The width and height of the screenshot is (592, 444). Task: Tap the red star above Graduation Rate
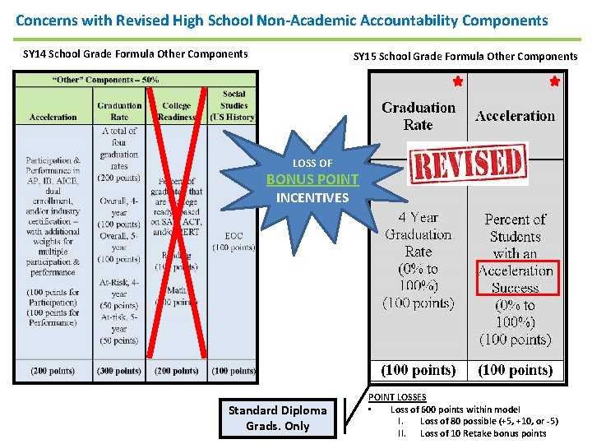click(458, 82)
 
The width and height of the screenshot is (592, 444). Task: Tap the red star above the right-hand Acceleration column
click(554, 82)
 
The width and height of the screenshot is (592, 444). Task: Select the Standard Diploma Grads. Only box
click(278, 418)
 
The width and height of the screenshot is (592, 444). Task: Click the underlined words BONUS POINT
click(312, 179)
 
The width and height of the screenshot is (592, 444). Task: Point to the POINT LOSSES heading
click(396, 396)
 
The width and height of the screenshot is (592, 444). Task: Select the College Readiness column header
click(176, 111)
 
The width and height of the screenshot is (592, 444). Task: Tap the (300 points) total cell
click(119, 371)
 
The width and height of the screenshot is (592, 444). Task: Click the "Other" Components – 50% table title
click(106, 80)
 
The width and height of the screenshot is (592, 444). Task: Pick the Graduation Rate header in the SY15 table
click(419, 116)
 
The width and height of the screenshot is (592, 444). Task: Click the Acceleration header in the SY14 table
click(53, 117)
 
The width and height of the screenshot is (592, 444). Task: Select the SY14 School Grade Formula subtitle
click(136, 54)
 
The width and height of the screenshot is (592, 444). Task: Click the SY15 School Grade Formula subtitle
click(465, 56)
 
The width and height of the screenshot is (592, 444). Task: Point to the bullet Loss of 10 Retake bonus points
click(483, 433)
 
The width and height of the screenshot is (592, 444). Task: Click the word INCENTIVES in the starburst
click(312, 197)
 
